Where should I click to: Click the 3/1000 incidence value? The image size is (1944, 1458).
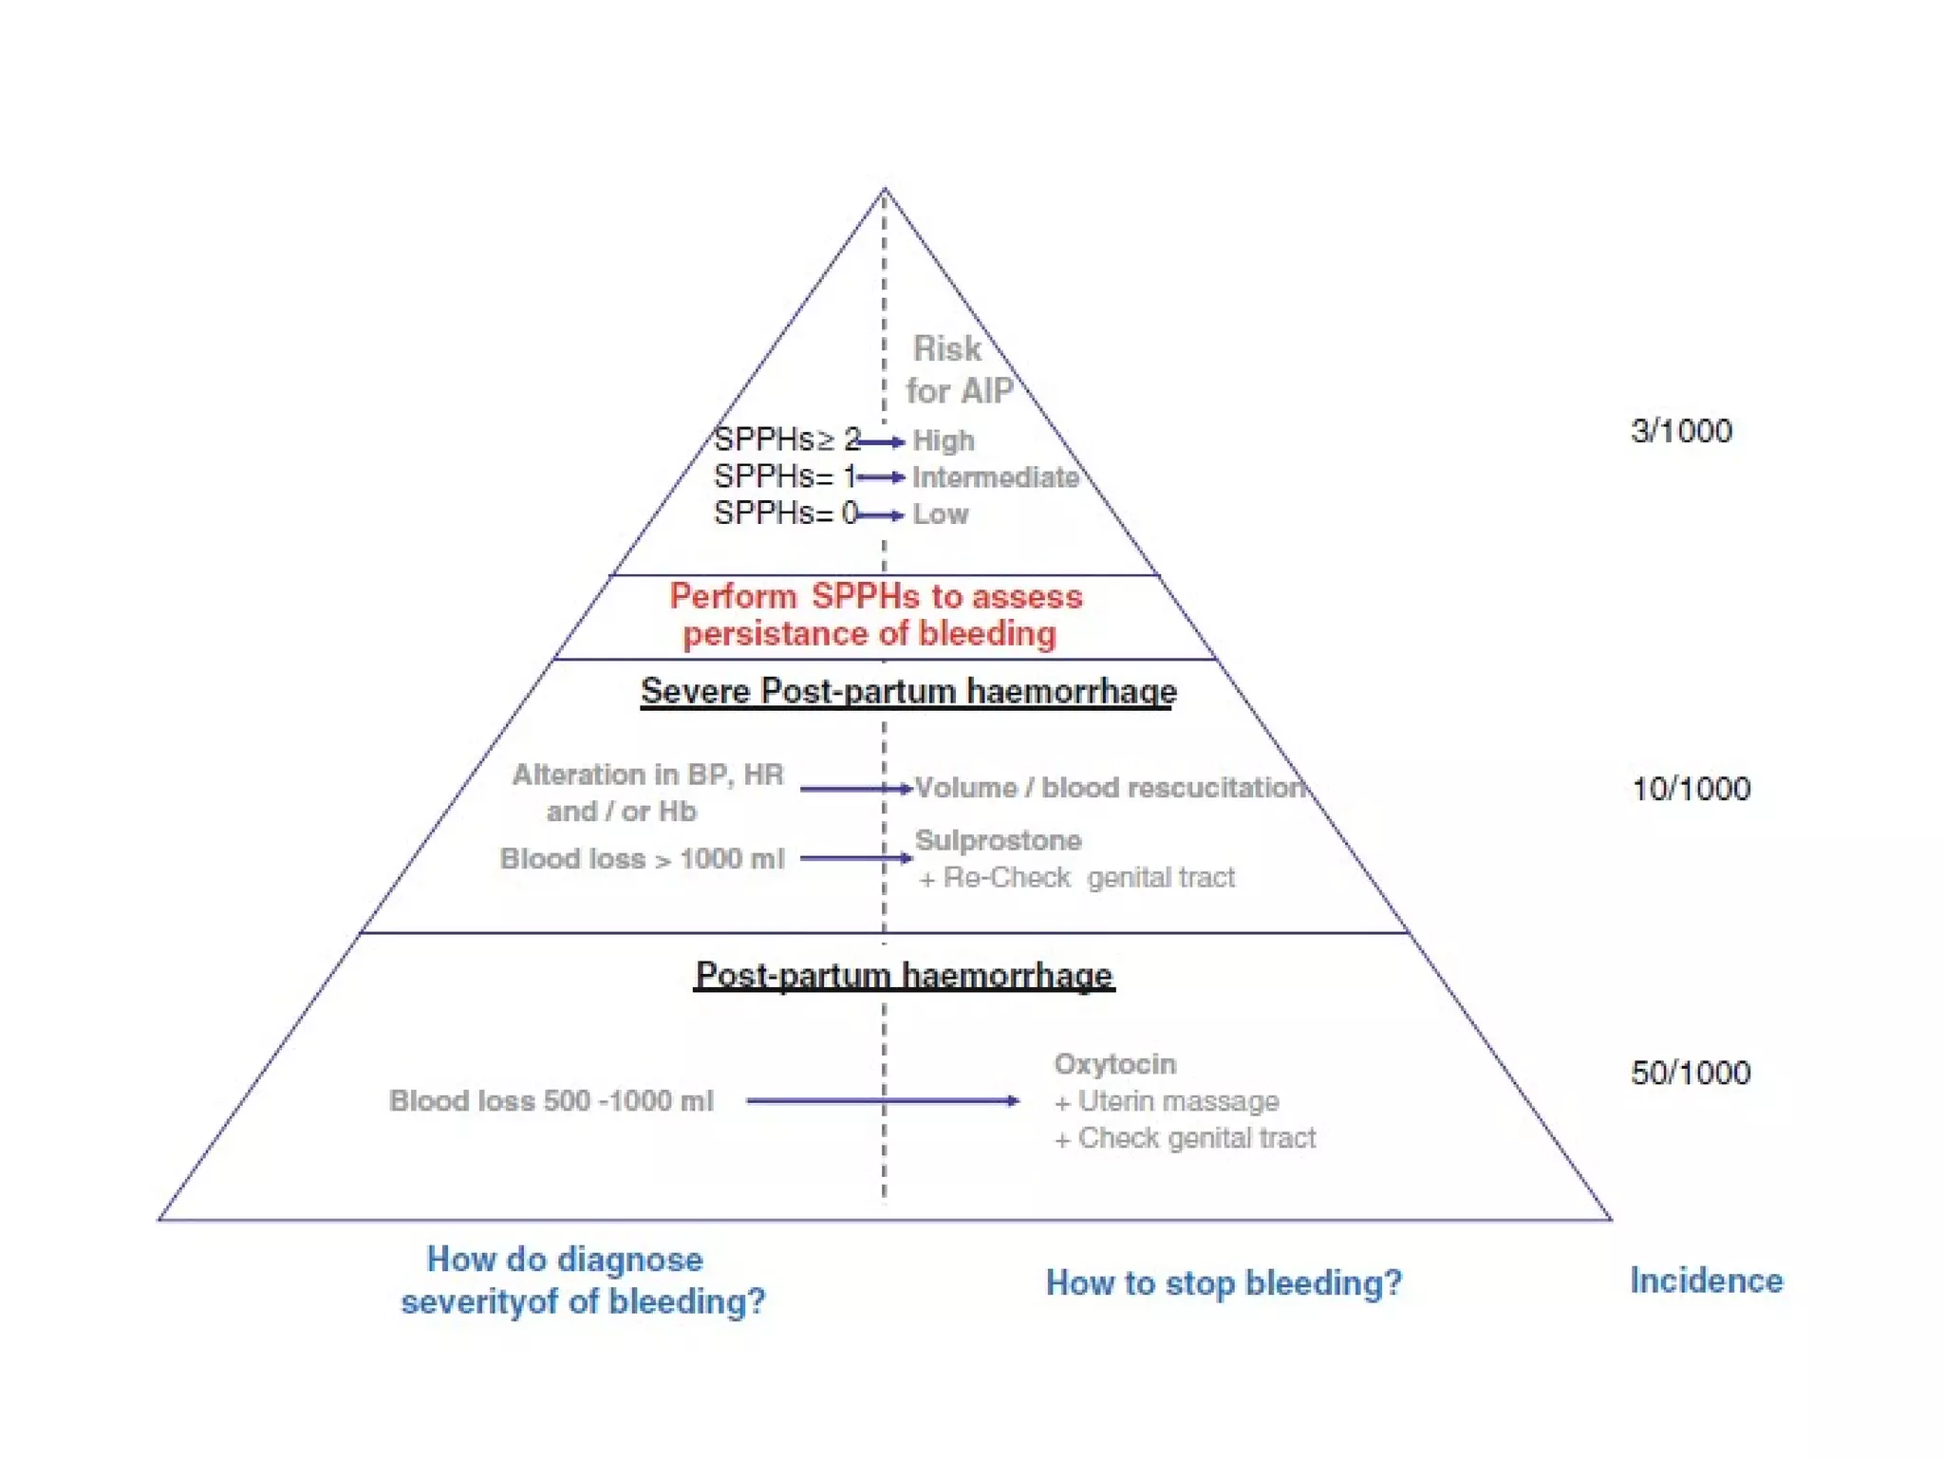point(1680,431)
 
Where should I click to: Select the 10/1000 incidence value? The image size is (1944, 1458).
point(1691,789)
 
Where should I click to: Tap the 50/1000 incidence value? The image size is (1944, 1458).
point(1691,1073)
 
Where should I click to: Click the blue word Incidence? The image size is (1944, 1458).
point(1706,1280)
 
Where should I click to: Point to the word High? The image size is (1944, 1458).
point(944,440)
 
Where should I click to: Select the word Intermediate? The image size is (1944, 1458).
point(996,477)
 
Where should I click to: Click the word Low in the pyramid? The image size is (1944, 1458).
point(941,514)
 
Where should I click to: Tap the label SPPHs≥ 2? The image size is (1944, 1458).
point(786,439)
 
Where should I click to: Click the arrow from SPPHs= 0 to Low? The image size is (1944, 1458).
point(879,515)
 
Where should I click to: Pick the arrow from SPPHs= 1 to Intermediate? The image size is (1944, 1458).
point(879,477)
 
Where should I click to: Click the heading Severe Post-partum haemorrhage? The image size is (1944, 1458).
point(908,691)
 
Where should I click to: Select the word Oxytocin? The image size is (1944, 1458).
point(1114,1064)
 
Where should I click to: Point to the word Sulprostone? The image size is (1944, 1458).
point(998,840)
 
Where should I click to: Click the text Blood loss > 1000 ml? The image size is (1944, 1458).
point(642,859)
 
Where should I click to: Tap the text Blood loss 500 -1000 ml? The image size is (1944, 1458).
point(551,1101)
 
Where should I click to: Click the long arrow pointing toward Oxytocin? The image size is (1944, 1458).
point(883,1101)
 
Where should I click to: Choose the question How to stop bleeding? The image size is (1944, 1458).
point(1224,1282)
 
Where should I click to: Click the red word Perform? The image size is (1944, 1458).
point(733,596)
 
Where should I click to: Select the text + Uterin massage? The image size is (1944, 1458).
point(1167,1101)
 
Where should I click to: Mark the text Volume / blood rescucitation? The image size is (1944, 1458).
point(1110,788)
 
